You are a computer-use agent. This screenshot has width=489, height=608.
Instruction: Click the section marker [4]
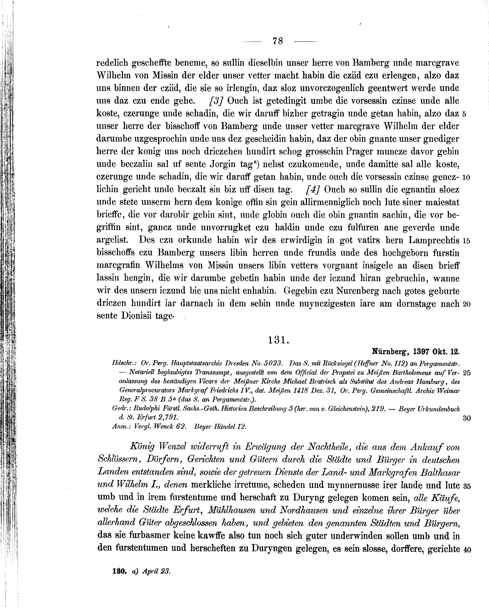[x=312, y=190]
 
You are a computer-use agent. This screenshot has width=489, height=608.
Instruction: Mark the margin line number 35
[x=467, y=486]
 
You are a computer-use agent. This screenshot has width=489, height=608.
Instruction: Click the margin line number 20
[x=467, y=304]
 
